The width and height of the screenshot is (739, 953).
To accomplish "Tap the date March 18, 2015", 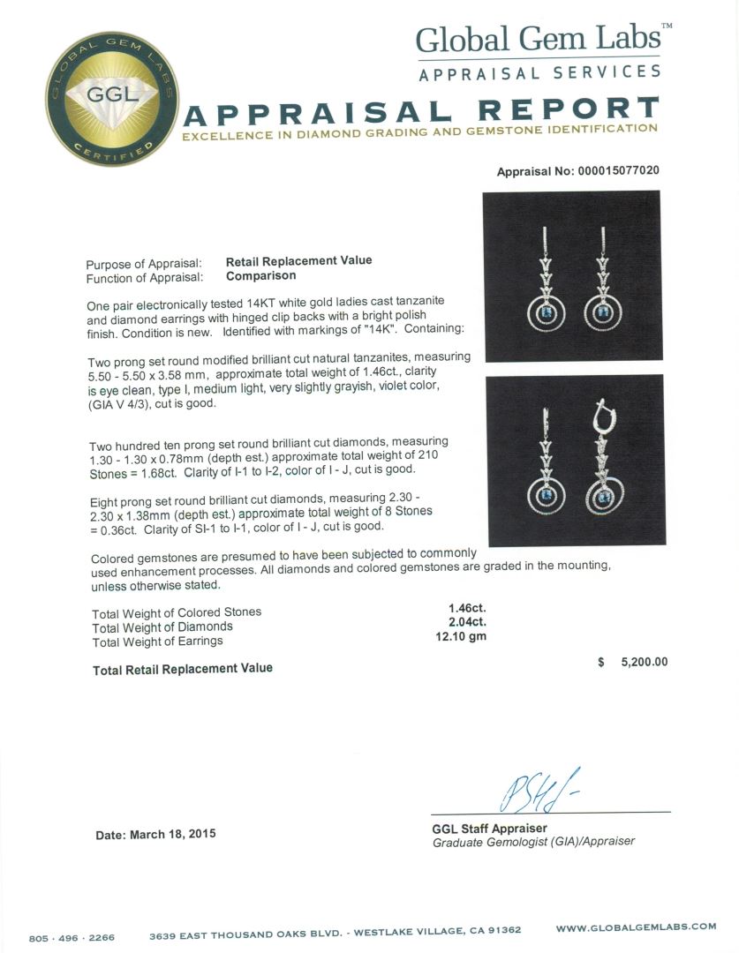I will coord(155,834).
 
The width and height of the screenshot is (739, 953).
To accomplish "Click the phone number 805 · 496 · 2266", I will coord(72,938).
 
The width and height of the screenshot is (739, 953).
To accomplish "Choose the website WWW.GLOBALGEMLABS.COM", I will coord(636,927).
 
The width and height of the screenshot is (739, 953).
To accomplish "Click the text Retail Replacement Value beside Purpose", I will coord(298,260).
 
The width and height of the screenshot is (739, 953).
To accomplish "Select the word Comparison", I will coord(260,275).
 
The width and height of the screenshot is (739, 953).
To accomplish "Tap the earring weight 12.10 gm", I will coord(467,636).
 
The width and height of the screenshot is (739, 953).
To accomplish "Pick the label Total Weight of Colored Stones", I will coord(177,612).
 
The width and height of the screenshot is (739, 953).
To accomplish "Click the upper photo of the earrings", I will coord(571,276).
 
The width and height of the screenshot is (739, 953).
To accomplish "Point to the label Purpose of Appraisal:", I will coord(144,264).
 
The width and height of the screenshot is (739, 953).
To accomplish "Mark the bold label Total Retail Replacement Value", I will coord(183,669).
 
